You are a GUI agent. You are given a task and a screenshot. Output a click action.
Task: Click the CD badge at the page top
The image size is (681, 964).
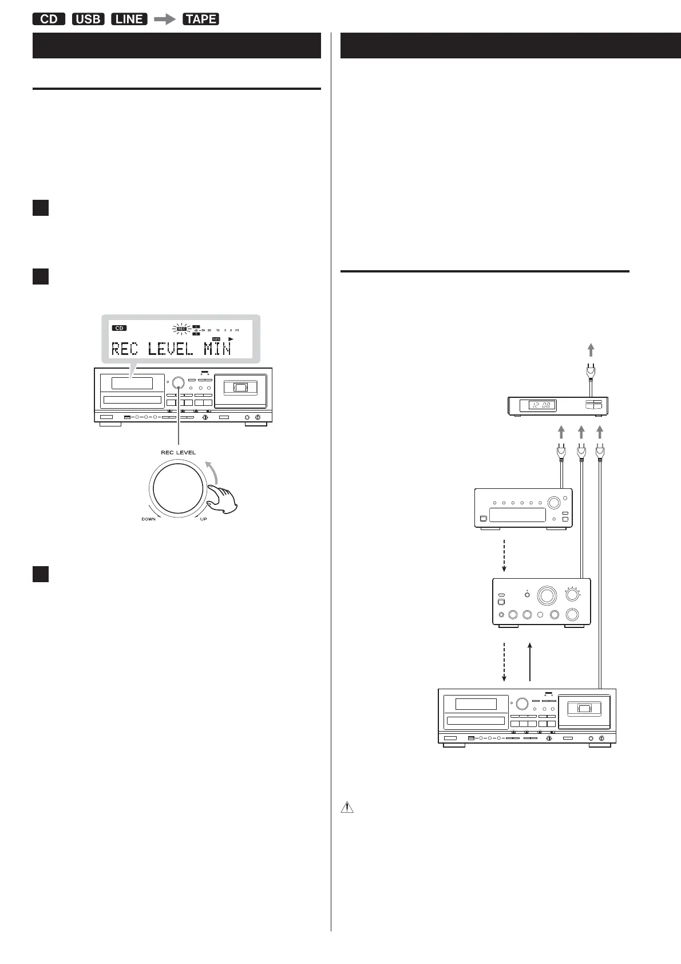[x=49, y=19]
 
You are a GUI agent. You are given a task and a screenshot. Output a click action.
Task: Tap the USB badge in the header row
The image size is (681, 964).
[x=88, y=19]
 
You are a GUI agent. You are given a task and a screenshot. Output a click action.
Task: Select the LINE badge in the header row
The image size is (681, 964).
[x=129, y=19]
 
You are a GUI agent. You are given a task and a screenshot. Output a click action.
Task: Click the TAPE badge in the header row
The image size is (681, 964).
[x=200, y=19]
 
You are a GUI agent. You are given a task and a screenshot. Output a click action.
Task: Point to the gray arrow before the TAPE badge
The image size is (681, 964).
[x=165, y=19]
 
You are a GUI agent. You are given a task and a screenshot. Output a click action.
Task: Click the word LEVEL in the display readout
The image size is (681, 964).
[x=170, y=349]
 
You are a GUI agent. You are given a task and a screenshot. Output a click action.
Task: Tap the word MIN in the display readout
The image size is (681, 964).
[x=217, y=349]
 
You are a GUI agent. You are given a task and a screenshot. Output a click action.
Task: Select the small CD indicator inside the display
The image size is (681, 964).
[x=119, y=329]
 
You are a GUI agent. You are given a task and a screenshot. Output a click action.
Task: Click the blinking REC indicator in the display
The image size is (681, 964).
[x=181, y=329]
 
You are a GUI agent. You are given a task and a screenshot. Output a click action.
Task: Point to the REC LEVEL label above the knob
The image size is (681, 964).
[x=178, y=452]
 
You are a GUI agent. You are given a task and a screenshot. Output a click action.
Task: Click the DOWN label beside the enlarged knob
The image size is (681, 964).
[x=149, y=519]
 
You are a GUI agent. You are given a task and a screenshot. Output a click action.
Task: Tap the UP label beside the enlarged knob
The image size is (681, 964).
[x=204, y=519]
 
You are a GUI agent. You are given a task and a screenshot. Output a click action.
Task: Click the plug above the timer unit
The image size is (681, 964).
[x=591, y=373]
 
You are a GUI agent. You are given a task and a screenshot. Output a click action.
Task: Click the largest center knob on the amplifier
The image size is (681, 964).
[x=546, y=595]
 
